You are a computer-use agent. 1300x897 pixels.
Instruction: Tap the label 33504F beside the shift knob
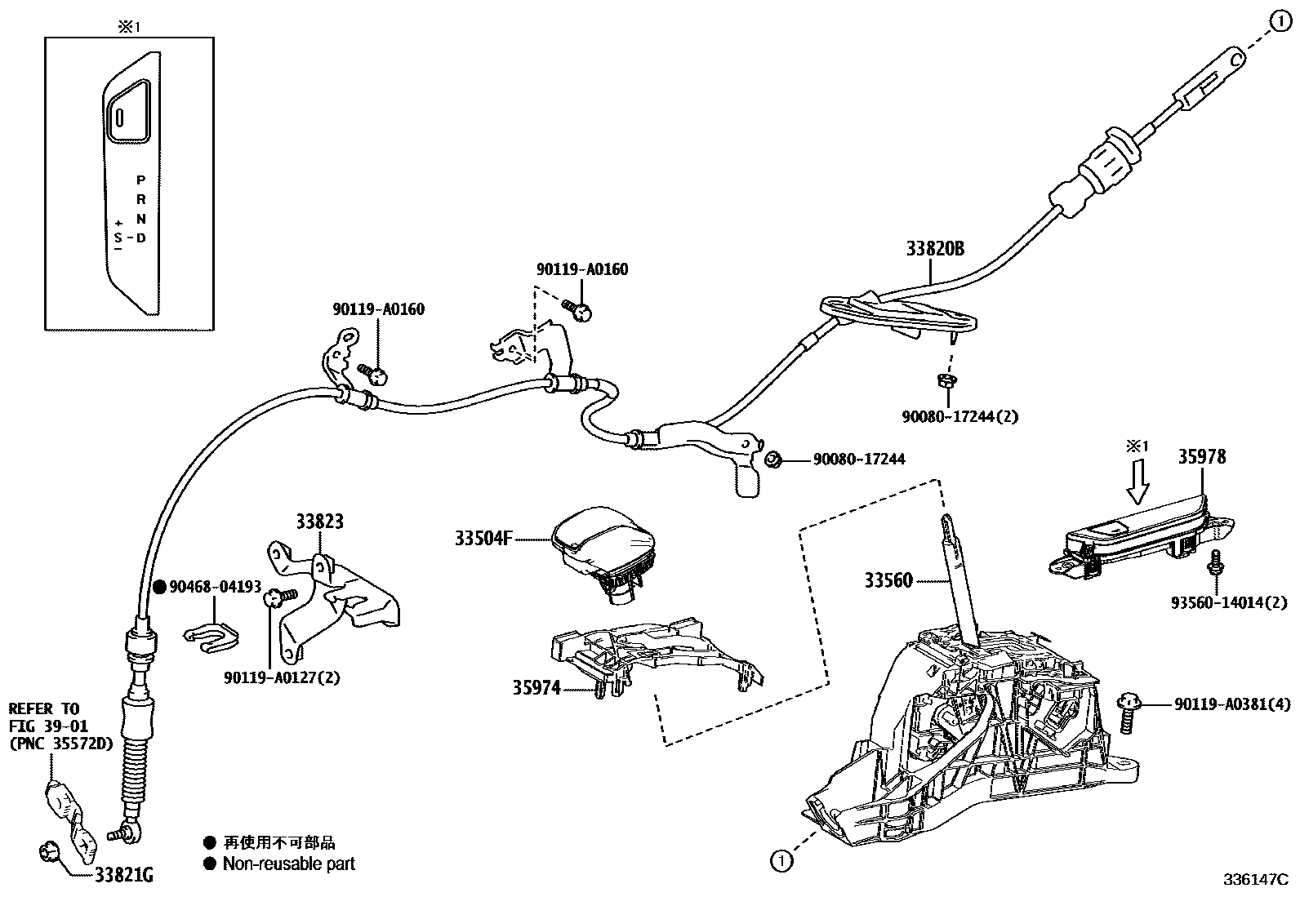483,539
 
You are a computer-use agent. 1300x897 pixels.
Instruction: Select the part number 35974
536,688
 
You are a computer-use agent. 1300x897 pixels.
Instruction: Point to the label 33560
888,581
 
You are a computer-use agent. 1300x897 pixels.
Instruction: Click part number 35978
1201,457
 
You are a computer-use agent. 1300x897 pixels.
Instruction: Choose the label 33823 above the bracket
319,522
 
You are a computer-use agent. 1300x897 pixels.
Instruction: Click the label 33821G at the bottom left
124,877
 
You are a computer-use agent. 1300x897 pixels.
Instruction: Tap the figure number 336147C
1254,880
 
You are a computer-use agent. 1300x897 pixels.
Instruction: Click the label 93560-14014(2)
1228,602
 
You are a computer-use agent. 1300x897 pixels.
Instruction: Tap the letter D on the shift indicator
140,238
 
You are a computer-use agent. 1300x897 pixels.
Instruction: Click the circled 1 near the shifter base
781,859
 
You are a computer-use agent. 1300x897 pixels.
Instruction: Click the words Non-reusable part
289,864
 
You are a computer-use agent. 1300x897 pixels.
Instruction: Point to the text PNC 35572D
61,744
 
